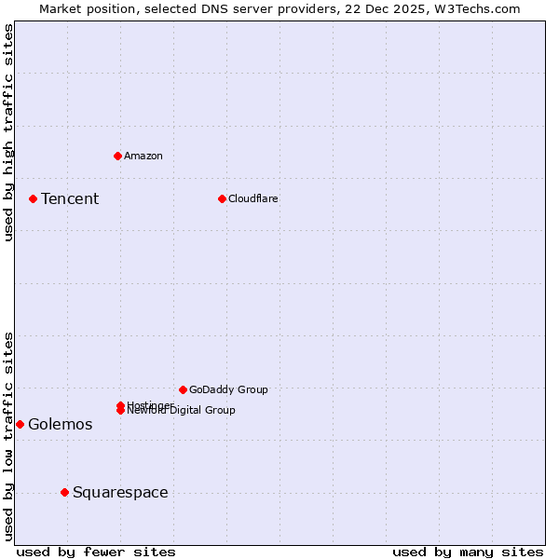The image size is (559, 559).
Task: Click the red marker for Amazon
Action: coord(117,156)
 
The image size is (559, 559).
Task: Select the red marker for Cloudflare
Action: coord(222,198)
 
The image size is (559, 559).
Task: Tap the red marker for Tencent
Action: coord(33,198)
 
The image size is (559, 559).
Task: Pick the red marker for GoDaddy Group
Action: coord(183,389)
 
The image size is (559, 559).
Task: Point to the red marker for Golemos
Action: coord(20,424)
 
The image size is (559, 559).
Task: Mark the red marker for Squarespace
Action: coord(64,492)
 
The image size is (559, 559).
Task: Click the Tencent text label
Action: coord(70,198)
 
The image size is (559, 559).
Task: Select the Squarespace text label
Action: coord(120,492)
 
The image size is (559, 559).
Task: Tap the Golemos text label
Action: coord(61,425)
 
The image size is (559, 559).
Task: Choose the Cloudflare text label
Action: coord(253,198)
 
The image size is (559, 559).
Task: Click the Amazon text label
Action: coord(143,156)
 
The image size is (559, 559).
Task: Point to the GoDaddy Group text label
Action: coord(228,389)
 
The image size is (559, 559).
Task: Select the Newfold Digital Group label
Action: coord(182,411)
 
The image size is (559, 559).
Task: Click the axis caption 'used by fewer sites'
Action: coord(96,552)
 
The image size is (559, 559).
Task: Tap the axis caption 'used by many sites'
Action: coord(468,552)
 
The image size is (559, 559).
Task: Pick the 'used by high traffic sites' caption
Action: coord(8,132)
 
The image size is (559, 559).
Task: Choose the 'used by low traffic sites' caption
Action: coord(8,436)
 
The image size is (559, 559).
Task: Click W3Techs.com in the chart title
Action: coord(477,8)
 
